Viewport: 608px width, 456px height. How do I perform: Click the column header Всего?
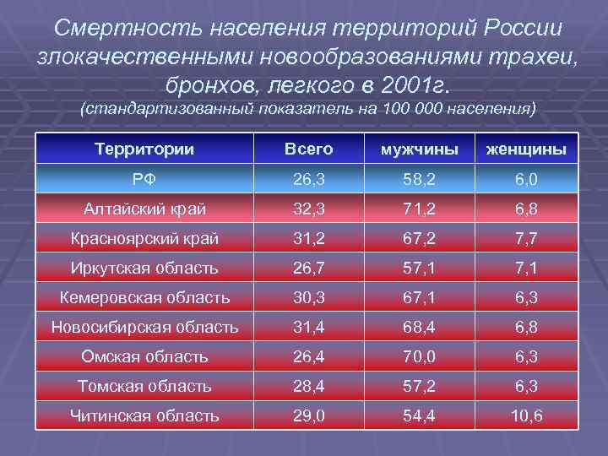tap(308, 149)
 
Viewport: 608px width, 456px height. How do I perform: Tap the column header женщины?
tap(524, 149)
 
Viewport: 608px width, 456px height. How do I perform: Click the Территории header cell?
tap(144, 149)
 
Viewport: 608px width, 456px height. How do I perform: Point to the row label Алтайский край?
tap(144, 209)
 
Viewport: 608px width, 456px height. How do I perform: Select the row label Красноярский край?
tap(144, 239)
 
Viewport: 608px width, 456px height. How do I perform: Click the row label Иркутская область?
tap(144, 269)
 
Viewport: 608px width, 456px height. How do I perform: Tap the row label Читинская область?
tap(144, 415)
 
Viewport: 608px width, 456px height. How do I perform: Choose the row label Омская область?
tap(144, 356)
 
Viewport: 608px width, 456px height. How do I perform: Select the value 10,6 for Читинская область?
tap(525, 415)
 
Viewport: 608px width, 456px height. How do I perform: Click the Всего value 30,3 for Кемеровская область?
tap(308, 297)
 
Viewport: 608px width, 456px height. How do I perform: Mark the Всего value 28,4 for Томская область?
tap(308, 386)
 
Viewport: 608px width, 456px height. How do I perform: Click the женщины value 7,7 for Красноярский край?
tap(525, 239)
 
